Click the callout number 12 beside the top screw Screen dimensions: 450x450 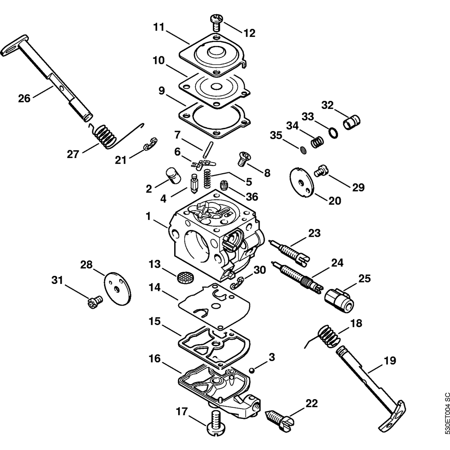[249, 33]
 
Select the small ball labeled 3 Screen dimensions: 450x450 [253, 370]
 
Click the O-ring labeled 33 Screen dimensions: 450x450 [332, 132]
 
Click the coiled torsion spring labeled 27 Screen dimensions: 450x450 [105, 135]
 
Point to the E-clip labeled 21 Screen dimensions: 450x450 [150, 144]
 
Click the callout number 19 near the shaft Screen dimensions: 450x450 [389, 360]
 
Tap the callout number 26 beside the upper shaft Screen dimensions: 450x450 [24, 98]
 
